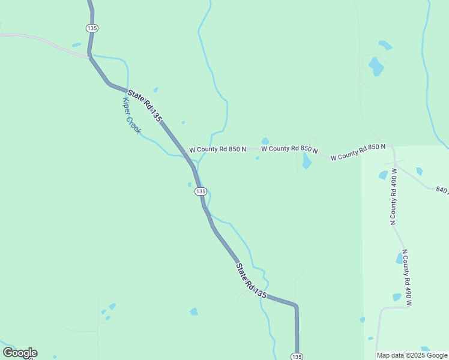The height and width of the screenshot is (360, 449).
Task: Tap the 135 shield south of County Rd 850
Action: (200, 191)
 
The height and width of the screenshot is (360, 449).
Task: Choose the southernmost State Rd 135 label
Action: (251, 281)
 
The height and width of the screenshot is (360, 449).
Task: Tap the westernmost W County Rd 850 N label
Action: (218, 149)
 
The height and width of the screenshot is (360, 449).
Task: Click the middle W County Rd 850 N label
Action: (289, 148)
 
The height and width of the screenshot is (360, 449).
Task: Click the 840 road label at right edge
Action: (442, 190)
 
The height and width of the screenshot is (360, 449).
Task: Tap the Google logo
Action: (20, 353)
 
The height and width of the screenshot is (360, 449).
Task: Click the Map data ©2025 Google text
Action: (412, 355)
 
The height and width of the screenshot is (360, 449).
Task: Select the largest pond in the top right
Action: (376, 65)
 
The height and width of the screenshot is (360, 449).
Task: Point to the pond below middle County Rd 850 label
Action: (307, 161)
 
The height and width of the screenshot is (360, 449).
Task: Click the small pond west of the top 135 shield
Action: (76, 44)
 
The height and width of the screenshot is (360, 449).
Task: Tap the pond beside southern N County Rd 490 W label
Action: (399, 259)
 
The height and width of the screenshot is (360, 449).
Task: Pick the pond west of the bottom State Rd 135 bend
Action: (193, 311)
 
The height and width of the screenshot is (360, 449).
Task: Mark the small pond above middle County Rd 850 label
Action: (265, 141)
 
